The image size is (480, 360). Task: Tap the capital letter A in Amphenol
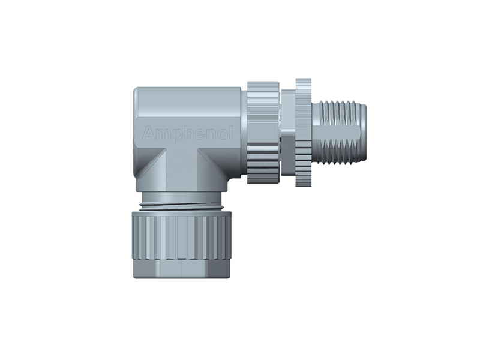pos(146,134)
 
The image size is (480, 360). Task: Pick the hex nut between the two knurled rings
pos(287,132)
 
